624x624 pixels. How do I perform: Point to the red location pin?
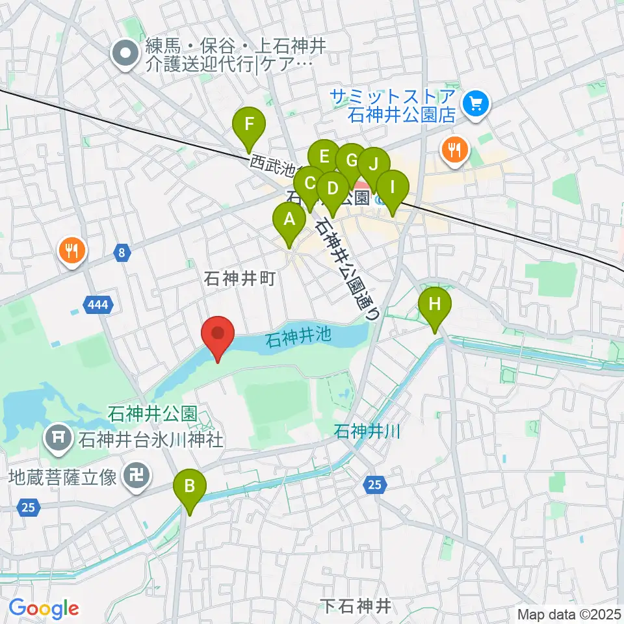218,336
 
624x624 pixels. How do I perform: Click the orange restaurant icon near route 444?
72,249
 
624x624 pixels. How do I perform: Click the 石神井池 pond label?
298,336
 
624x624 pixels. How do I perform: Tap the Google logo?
44,608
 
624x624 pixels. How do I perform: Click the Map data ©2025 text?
569,614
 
